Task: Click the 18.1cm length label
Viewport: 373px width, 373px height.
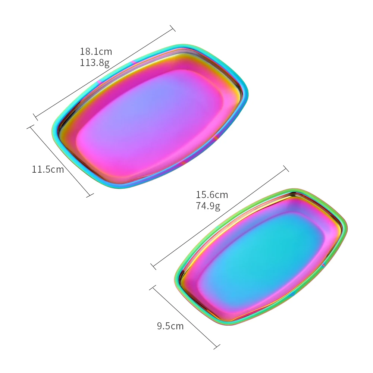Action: pyautogui.click(x=95, y=51)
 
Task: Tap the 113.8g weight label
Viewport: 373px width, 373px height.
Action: pyautogui.click(x=94, y=63)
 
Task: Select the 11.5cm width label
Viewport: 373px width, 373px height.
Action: pyautogui.click(x=48, y=169)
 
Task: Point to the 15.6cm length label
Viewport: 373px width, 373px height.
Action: pyautogui.click(x=212, y=195)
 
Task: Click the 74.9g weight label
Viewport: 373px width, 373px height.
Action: pyautogui.click(x=208, y=206)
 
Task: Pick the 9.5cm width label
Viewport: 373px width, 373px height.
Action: pyautogui.click(x=170, y=326)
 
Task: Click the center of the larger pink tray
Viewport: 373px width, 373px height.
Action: pyautogui.click(x=150, y=116)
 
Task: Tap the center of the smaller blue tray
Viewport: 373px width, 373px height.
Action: pyautogui.click(x=261, y=257)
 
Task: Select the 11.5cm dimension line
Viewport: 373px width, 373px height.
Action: pyautogui.click(x=60, y=161)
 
